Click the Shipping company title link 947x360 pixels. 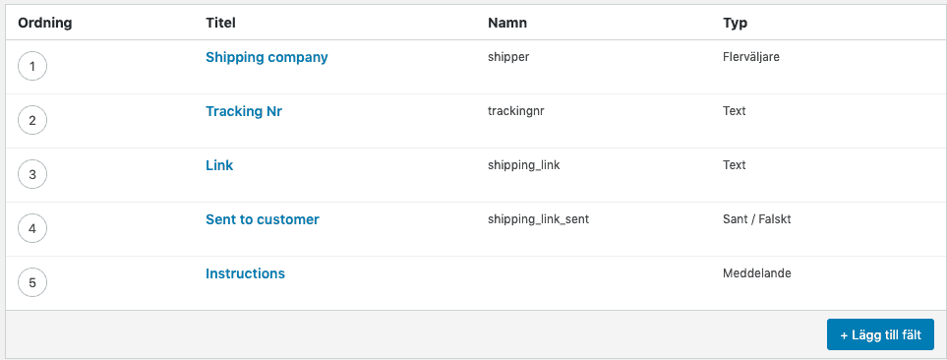(266, 57)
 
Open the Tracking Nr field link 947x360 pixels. (243, 111)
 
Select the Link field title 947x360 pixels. (219, 165)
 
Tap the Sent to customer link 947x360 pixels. (262, 219)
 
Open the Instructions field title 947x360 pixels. (245, 273)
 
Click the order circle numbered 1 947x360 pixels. (32, 67)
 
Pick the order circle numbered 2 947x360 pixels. (32, 121)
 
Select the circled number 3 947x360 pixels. (32, 175)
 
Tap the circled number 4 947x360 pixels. (32, 229)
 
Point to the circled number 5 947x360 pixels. (32, 283)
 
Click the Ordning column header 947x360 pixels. (45, 22)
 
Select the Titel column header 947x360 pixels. (220, 22)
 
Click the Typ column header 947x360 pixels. (736, 22)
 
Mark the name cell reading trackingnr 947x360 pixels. (515, 111)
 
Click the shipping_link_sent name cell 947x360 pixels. (538, 219)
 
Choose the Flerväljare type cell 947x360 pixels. (750, 57)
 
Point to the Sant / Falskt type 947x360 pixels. (756, 219)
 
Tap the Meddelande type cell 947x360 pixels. (756, 273)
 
